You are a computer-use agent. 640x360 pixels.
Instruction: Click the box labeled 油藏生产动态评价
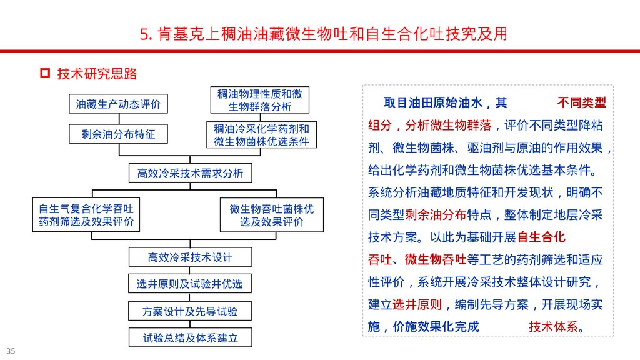coord(118,104)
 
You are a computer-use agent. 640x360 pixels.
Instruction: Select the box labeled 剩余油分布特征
coord(118,134)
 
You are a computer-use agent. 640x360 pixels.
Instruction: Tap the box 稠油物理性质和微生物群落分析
coord(259,100)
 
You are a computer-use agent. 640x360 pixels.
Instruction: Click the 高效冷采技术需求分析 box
coord(190,172)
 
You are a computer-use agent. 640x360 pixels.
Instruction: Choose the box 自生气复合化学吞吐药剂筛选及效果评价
coord(86,215)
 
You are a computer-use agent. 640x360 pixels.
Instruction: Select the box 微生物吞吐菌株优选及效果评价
coord(272,215)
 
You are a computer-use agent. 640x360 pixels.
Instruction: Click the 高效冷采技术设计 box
coord(190,257)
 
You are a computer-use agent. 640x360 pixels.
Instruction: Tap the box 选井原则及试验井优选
coord(190,284)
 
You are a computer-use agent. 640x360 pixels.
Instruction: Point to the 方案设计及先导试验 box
coord(190,311)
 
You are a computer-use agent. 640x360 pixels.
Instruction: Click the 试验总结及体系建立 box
coord(190,338)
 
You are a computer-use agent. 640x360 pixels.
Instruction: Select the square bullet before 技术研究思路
coord(45,74)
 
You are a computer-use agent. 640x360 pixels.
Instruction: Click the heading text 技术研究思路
coord(97,74)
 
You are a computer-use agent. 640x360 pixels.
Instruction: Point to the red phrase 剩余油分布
coord(436,215)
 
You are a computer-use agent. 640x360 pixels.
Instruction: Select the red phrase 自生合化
coord(541,237)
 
